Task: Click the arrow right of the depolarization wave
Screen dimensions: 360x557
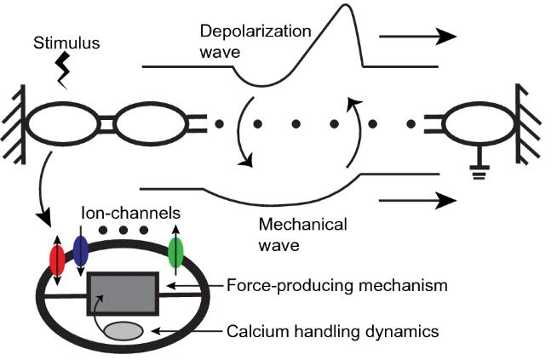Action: [417, 37]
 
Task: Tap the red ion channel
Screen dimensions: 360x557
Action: [58, 259]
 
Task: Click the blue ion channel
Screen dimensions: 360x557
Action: [81, 252]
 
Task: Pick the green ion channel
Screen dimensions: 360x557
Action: [176, 254]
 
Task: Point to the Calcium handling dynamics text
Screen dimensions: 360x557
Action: [333, 330]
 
